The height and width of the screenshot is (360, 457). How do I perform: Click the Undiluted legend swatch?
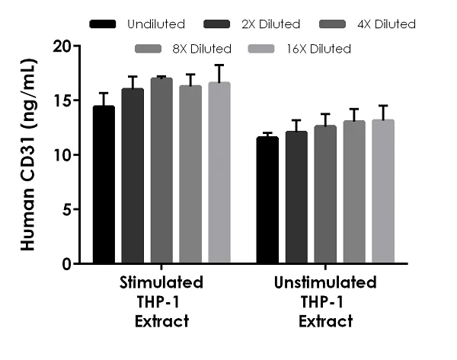(103, 24)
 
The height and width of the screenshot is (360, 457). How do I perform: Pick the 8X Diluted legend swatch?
(149, 49)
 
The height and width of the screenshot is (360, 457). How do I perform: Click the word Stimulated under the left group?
(161, 283)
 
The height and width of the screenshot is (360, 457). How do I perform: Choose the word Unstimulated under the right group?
(324, 283)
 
